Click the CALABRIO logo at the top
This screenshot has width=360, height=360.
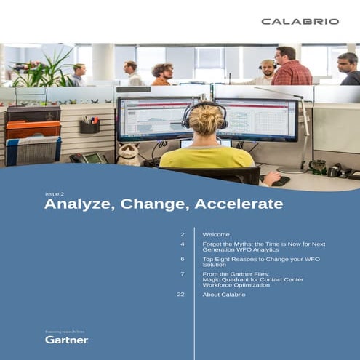[x=300, y=22]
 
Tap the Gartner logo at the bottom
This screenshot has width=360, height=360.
[x=66, y=339]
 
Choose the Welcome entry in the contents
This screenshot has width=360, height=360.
[x=216, y=235]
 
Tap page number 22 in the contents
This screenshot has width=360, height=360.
[x=181, y=294]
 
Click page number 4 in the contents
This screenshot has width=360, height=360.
[x=183, y=244]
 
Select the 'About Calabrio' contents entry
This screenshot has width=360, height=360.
[x=224, y=294]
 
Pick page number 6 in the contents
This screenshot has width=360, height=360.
[x=183, y=259]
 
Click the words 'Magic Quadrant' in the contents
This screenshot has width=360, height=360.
[x=222, y=279]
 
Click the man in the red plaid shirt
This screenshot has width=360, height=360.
[x=292, y=68]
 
